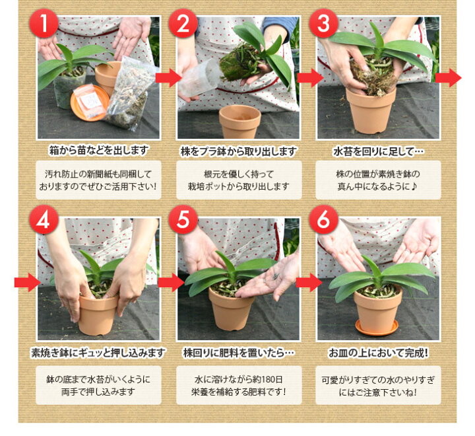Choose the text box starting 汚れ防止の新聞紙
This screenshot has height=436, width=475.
[x=99, y=180]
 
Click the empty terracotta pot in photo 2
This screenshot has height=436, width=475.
[x=239, y=121]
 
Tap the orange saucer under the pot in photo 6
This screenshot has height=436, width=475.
[x=377, y=328]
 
